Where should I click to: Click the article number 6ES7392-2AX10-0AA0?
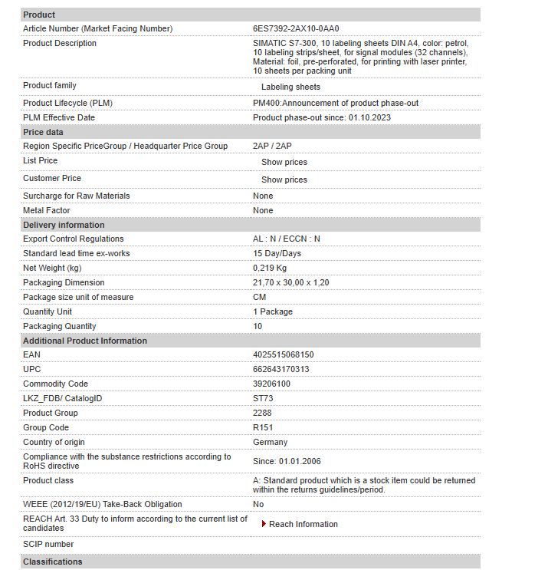(x=296, y=28)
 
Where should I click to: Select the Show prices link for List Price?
(x=284, y=162)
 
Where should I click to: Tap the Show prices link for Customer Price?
(x=284, y=180)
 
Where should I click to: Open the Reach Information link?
(x=304, y=524)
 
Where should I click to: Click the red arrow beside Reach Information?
(x=264, y=524)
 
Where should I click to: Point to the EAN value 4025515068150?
(x=283, y=354)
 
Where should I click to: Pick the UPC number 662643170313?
(x=281, y=369)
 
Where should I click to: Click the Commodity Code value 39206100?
(x=271, y=384)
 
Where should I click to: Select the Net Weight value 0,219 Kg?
(x=270, y=268)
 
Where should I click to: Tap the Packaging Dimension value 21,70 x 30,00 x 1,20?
(x=290, y=282)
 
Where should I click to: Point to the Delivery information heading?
(x=64, y=225)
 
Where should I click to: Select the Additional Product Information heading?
(x=85, y=341)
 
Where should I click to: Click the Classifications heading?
(x=52, y=562)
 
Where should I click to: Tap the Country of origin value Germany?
(x=270, y=442)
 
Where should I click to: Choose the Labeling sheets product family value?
(x=290, y=87)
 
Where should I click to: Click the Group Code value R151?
(x=263, y=427)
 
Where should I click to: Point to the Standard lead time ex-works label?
(x=77, y=253)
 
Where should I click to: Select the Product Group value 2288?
(x=262, y=413)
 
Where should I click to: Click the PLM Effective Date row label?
(x=59, y=117)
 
